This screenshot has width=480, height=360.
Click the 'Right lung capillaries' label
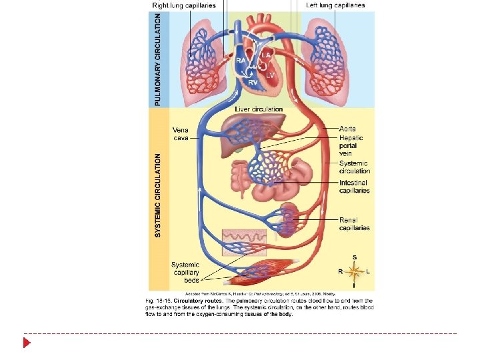184,5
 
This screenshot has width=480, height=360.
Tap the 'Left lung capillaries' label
335,5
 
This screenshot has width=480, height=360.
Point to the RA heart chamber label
241,59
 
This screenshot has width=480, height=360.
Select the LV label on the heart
270,75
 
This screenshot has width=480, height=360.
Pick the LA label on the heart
266,54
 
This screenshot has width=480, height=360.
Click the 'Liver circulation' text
259,109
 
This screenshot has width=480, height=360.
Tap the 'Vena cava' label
181,134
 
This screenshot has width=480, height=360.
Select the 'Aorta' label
348,128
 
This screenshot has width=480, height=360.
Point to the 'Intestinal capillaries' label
355,187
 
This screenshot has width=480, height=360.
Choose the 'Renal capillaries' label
355,224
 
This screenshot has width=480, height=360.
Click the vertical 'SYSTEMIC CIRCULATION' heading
158,195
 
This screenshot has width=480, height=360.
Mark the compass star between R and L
354,271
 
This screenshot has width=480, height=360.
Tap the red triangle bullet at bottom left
27,343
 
